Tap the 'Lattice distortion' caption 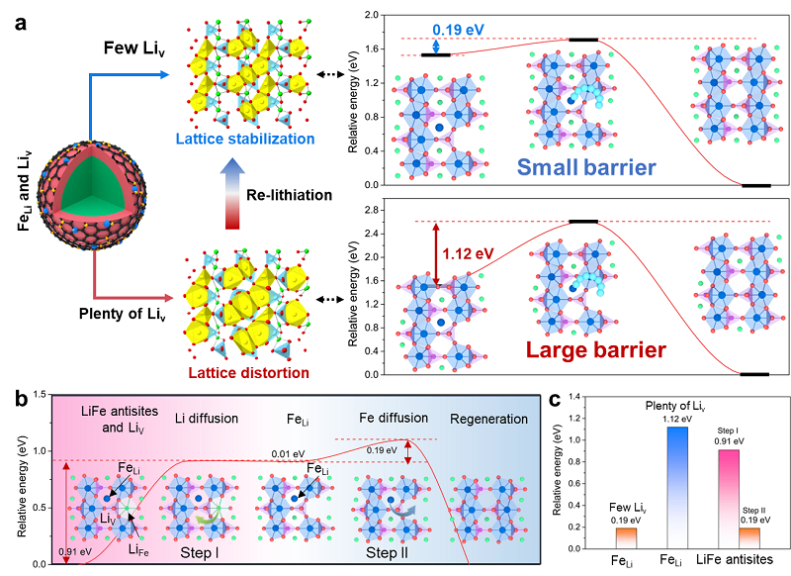coord(243,373)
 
